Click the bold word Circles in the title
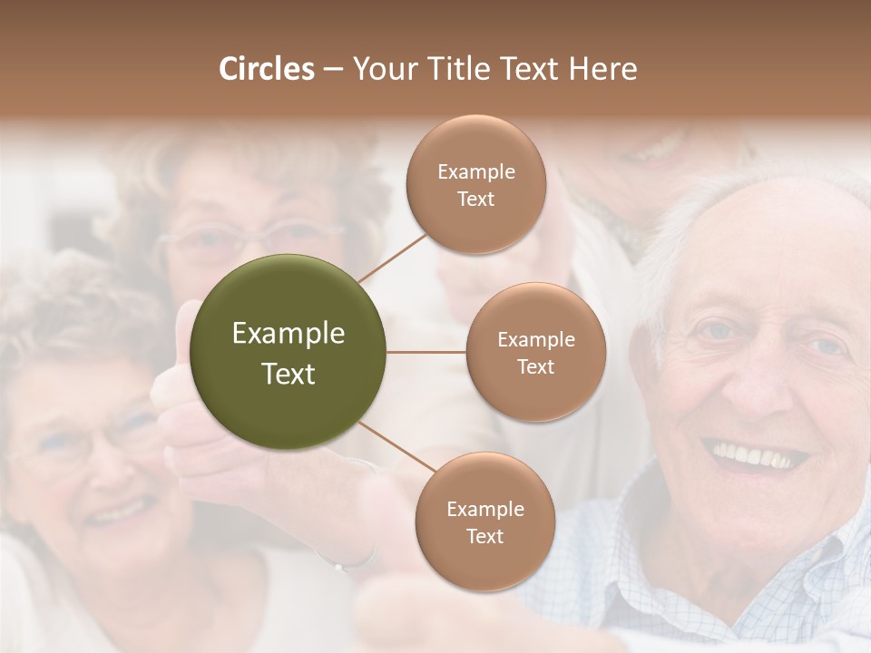click(x=266, y=69)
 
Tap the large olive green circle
click(x=289, y=352)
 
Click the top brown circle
click(x=475, y=184)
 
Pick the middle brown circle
click(x=535, y=352)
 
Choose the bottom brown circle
click(x=484, y=521)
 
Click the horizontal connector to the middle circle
click(x=426, y=352)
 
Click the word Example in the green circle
click(x=289, y=334)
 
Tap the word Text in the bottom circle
click(x=484, y=536)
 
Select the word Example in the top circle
click(x=475, y=171)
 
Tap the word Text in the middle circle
click(x=535, y=366)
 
